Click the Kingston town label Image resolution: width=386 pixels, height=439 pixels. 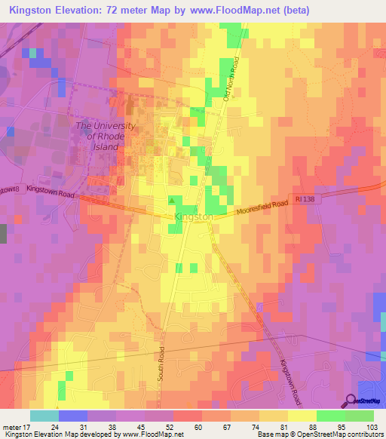pos(193,216)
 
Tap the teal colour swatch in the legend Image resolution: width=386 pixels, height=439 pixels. pos(44,416)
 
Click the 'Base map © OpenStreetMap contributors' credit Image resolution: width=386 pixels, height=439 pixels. pos(325,434)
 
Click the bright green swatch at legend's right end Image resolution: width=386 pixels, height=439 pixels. pos(360,416)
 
